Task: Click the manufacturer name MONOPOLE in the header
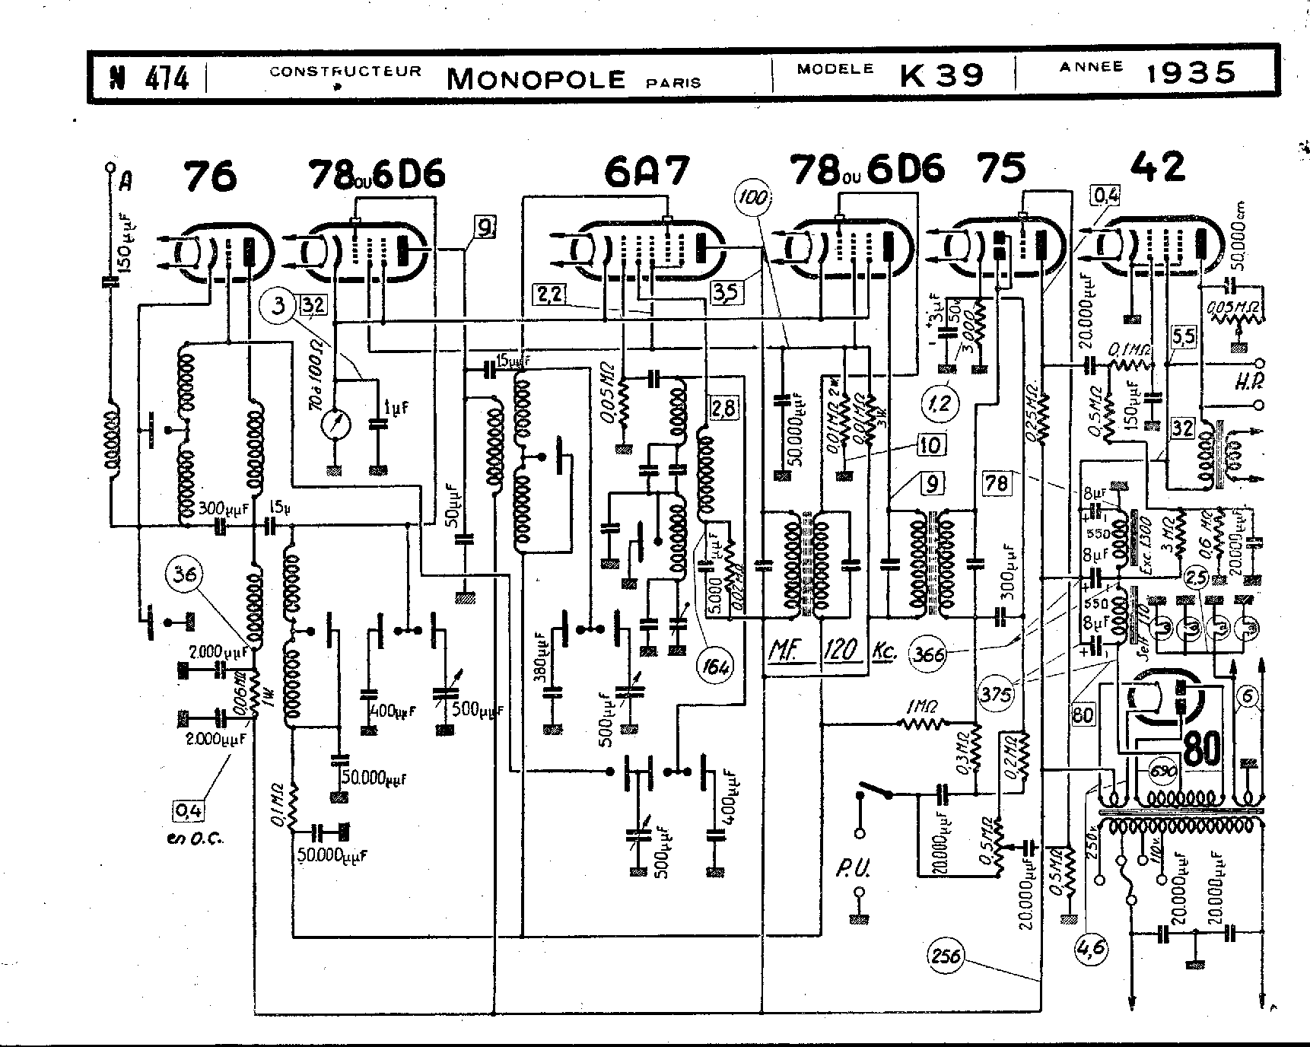coord(536,78)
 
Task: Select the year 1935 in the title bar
coord(1191,72)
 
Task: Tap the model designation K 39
coord(942,75)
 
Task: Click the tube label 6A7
coord(646,172)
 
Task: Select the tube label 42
coord(1158,167)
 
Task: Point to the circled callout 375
coord(997,693)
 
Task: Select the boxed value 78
coord(997,482)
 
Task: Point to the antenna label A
coord(126,180)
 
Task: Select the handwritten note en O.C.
coord(196,839)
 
